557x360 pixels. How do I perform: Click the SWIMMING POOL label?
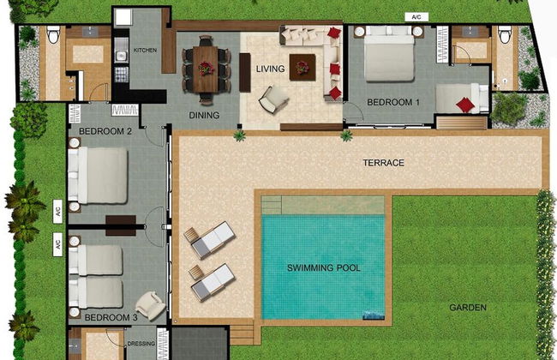(x=324, y=267)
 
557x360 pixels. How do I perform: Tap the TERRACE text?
(x=384, y=163)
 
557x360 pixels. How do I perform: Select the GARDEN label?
(x=468, y=308)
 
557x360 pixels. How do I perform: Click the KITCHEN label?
(x=145, y=50)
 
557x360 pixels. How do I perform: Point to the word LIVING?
(x=270, y=69)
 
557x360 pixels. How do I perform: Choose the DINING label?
(x=204, y=115)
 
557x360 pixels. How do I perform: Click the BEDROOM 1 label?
(x=393, y=102)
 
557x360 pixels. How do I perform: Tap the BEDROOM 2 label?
(x=105, y=131)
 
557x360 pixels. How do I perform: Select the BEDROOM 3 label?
(x=111, y=317)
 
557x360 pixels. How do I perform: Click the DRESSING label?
(x=141, y=344)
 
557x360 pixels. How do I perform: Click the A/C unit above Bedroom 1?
(x=416, y=17)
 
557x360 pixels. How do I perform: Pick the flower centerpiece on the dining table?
(x=206, y=69)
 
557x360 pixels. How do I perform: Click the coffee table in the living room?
(x=302, y=67)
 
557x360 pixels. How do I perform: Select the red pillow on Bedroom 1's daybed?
(x=465, y=105)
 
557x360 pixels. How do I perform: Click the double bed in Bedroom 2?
(x=98, y=176)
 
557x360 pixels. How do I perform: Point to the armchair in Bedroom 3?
(x=150, y=305)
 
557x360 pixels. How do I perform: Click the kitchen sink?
(x=121, y=56)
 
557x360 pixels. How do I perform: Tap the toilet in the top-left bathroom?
(x=53, y=35)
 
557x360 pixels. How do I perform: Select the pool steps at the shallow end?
(x=272, y=205)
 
